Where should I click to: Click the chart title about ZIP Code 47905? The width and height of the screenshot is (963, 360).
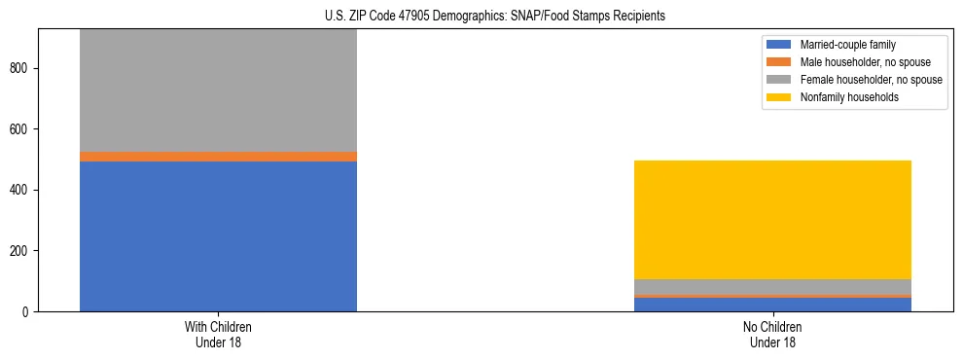(495, 17)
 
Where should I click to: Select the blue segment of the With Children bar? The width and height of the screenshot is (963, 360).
(218, 236)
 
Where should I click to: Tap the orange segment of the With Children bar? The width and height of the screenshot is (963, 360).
(218, 157)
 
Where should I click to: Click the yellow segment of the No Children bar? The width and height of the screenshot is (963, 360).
(772, 220)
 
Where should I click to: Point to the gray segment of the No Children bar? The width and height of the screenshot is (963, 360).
(772, 287)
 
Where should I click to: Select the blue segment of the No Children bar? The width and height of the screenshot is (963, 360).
(772, 305)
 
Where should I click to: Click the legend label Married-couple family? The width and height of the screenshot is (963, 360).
(848, 45)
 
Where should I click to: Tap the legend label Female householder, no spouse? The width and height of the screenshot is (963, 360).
(871, 80)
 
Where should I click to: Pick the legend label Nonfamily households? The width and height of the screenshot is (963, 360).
(843, 97)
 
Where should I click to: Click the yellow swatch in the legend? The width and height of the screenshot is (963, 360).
(779, 97)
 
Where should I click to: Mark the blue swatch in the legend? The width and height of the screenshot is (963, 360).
(779, 45)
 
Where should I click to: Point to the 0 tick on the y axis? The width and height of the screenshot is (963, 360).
(28, 312)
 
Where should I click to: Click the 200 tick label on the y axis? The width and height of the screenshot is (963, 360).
(22, 251)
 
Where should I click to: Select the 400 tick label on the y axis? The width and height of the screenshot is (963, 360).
(22, 191)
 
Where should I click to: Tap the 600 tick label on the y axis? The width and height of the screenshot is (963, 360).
(22, 129)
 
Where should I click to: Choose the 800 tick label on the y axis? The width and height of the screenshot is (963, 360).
(22, 69)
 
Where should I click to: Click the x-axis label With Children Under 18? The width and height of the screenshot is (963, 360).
(218, 335)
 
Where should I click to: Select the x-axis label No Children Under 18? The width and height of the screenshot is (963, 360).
(772, 335)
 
